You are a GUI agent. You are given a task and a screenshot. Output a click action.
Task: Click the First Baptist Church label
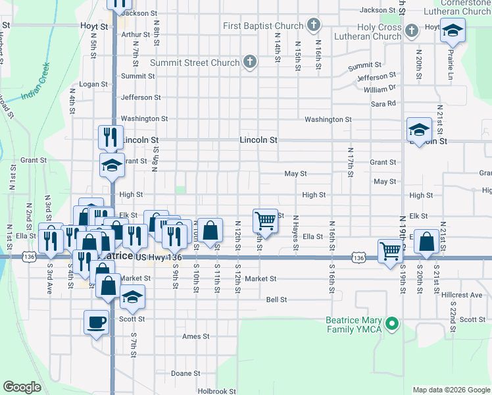(x=263, y=26)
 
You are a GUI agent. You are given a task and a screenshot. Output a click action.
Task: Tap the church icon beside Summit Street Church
(x=249, y=63)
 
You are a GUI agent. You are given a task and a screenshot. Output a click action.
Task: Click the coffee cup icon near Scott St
(x=97, y=322)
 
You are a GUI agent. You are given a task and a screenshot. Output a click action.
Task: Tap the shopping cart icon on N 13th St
(x=265, y=221)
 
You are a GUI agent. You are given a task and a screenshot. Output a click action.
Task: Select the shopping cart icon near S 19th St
(x=390, y=250)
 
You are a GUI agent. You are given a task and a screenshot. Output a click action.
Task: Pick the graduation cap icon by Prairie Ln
(x=453, y=30)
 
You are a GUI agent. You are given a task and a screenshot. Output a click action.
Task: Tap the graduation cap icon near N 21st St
(x=419, y=130)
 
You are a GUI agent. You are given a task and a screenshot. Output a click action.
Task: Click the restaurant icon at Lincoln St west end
(x=111, y=136)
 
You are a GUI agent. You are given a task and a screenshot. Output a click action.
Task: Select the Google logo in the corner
(x=22, y=387)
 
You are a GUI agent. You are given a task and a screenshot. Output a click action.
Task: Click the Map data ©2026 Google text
(x=451, y=390)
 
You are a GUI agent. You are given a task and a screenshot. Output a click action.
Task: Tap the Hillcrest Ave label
(x=463, y=296)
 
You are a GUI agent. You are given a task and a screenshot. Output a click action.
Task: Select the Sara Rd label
(x=383, y=103)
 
